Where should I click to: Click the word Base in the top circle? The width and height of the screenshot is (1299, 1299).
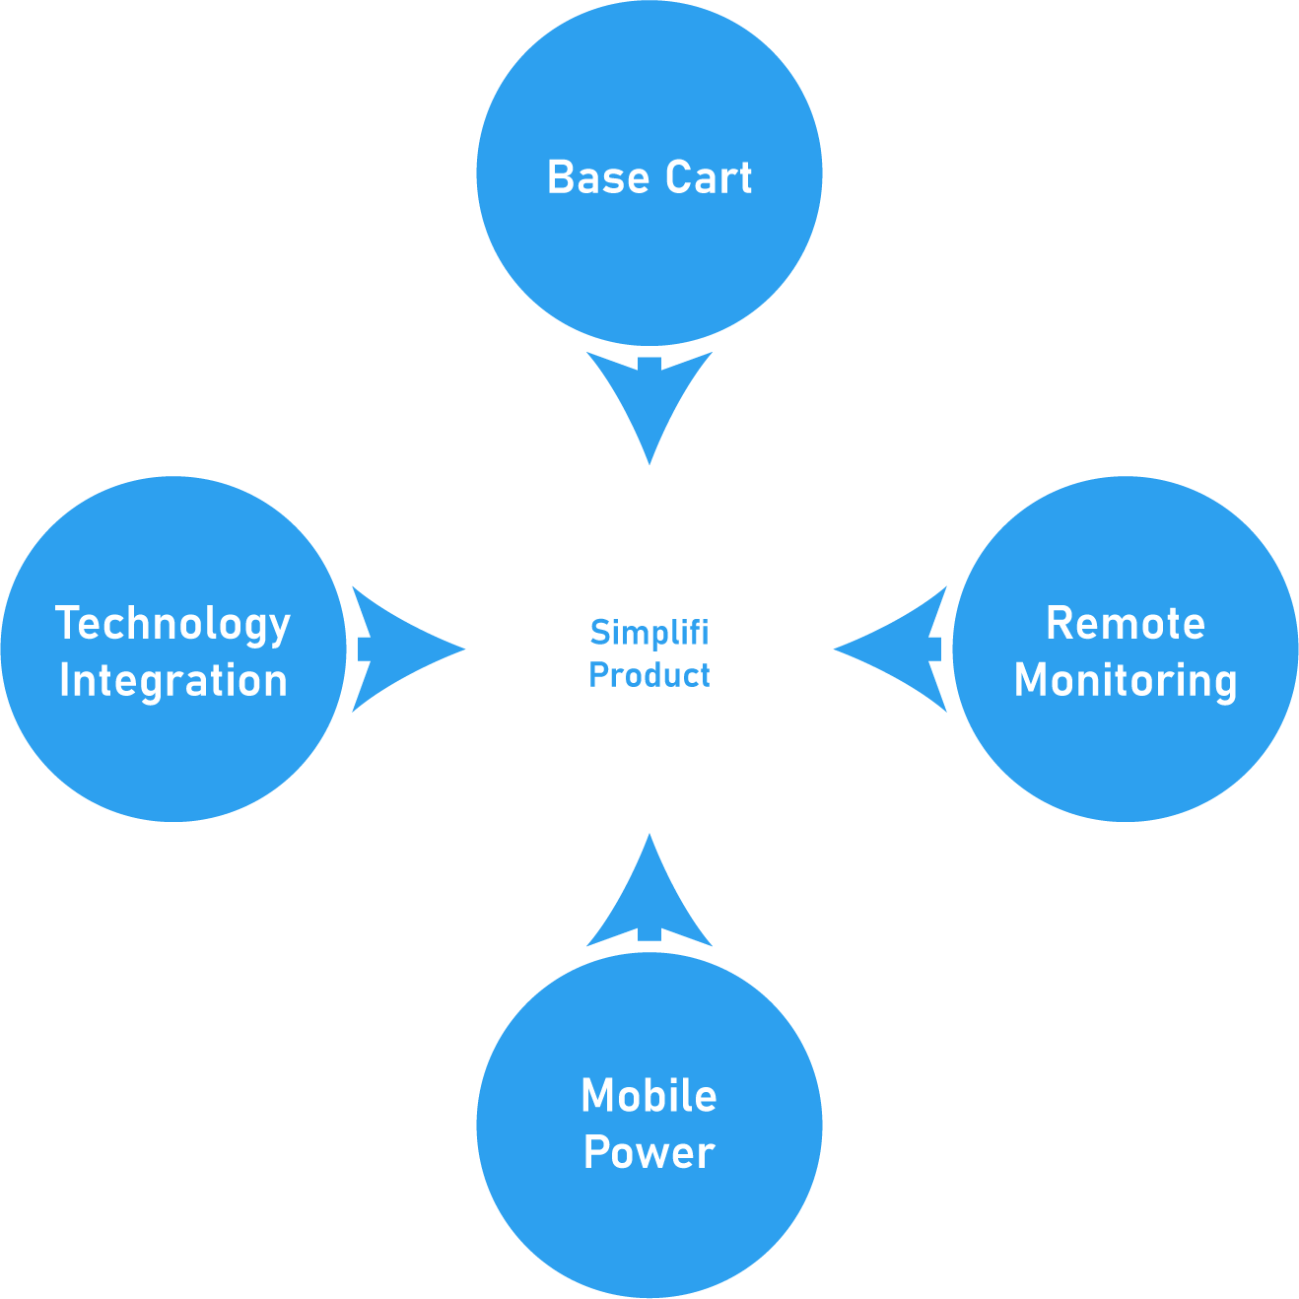(x=598, y=177)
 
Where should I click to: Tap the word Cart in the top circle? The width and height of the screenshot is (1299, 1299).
(x=709, y=177)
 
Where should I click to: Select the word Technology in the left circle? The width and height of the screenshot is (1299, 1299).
(x=173, y=625)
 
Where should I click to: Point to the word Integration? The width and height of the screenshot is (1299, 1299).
(x=173, y=681)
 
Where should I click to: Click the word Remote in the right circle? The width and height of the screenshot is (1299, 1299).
(x=1126, y=623)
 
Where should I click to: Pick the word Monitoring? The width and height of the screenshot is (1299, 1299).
(x=1126, y=681)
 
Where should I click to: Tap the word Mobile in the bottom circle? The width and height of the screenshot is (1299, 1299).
(x=649, y=1095)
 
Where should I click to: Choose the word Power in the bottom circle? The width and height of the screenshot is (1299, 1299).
(x=649, y=1152)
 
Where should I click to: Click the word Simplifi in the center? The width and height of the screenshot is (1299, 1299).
(x=649, y=633)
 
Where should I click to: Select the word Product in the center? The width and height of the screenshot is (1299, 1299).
(x=649, y=675)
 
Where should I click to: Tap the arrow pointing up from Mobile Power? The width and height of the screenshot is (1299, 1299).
(x=649, y=891)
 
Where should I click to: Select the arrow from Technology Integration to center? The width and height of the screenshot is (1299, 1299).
(x=408, y=649)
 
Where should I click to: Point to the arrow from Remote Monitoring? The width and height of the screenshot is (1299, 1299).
(x=891, y=649)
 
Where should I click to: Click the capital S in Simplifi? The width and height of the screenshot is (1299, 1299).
(x=600, y=633)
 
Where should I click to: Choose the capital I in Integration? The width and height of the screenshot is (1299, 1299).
(x=64, y=679)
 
